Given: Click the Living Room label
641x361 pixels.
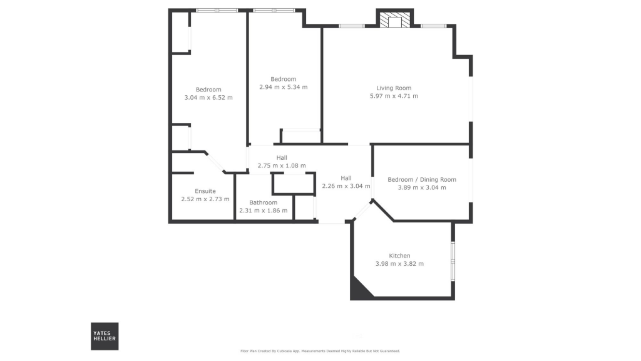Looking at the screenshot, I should [394, 88].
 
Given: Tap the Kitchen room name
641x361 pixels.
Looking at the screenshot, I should [399, 256].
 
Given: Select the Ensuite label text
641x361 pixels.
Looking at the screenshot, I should [205, 191].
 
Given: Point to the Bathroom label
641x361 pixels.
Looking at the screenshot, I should [263, 202].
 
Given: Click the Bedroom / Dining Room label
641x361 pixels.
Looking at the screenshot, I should [422, 180].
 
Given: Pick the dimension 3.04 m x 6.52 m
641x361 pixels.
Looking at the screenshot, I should [208, 98].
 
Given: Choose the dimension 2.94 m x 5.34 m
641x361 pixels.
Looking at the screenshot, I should [284, 87].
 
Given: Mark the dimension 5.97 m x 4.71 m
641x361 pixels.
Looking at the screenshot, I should [394, 97].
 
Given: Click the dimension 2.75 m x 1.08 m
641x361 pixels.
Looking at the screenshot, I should [282, 165].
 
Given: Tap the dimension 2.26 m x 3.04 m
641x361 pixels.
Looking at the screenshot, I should [346, 186].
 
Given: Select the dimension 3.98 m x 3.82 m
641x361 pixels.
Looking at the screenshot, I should [399, 264].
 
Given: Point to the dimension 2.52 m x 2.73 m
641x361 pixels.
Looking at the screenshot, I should [205, 199].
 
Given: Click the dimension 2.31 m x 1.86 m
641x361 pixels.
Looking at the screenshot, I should [263, 211].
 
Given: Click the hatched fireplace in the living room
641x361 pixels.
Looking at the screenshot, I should [395, 19].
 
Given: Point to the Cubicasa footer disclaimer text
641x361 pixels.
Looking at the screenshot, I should [320, 351].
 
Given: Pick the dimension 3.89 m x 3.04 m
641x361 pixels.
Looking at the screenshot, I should [422, 187].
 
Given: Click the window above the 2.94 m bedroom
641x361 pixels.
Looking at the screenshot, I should [274, 10].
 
